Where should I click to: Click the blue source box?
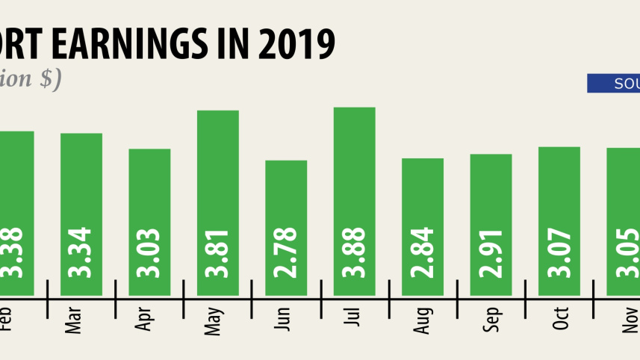613,84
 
